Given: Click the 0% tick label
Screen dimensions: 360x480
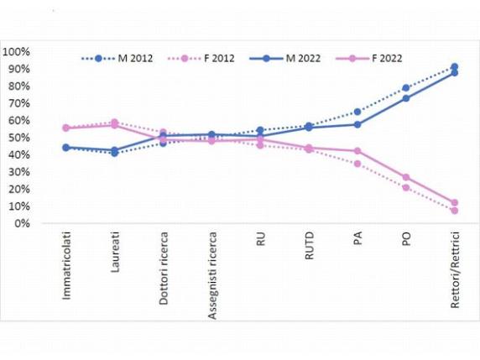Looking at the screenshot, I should coord(22,223).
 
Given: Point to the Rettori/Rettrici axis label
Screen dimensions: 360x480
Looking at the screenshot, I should coord(454,271).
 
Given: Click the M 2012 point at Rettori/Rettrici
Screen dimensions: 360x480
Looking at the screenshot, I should coord(454,66).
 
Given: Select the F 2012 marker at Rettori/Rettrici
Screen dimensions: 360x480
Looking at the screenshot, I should coord(454,211).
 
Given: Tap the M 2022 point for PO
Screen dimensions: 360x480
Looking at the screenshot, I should coord(405,98).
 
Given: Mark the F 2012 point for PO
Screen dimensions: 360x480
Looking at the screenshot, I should coord(405,187).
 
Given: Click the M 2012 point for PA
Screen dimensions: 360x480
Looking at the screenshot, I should coord(357,112).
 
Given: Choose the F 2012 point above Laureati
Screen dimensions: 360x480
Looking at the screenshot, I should coord(114,122).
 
